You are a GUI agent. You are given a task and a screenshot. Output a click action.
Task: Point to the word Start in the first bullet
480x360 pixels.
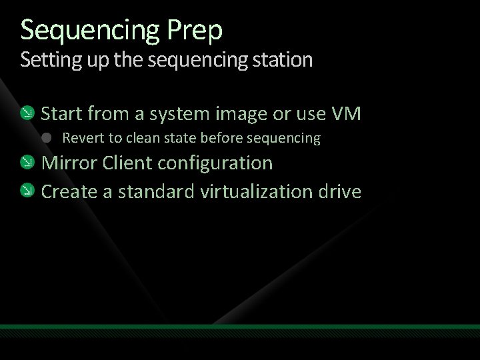pyautogui.click(x=61, y=114)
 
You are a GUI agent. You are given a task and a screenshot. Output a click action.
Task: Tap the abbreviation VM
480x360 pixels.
pyautogui.click(x=346, y=114)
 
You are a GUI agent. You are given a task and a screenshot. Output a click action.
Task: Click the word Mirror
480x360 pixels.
pyautogui.click(x=69, y=163)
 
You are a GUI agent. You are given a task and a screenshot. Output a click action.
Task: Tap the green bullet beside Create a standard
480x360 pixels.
pyautogui.click(x=28, y=191)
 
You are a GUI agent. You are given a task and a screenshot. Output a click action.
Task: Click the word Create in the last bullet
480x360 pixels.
pyautogui.click(x=69, y=191)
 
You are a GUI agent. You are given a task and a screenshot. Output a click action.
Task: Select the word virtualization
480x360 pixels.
pyautogui.click(x=255, y=191)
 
